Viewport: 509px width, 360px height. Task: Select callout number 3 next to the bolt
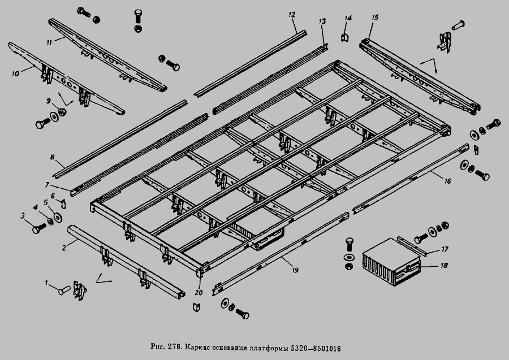pos(23,215)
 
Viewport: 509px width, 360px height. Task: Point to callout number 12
pos(292,13)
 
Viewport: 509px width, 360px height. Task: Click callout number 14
pos(348,19)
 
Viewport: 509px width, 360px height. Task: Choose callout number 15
pos(374,18)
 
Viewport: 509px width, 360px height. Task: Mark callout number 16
pos(447,182)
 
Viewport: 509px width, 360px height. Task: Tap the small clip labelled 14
pos(344,37)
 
